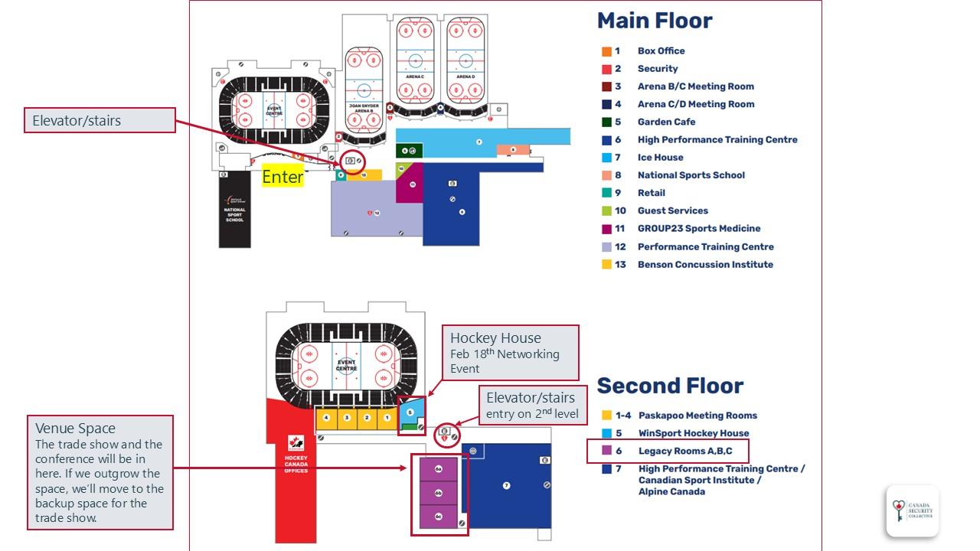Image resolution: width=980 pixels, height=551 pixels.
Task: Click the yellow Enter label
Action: click(283, 177)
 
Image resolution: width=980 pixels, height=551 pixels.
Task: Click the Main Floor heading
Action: click(655, 21)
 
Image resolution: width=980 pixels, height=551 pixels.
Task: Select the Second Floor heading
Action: click(670, 386)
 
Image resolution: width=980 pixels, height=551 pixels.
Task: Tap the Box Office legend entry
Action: click(661, 51)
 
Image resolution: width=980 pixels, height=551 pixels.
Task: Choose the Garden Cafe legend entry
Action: click(666, 122)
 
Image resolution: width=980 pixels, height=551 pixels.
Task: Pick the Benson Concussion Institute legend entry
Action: click(705, 265)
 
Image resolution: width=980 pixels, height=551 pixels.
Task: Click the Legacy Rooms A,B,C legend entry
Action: click(684, 452)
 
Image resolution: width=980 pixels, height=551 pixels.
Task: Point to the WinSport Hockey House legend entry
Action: click(693, 433)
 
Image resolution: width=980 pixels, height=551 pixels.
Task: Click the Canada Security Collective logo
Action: click(912, 510)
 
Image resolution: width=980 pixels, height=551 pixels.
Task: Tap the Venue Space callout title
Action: click(73, 429)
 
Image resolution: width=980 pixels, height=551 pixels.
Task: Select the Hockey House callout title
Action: click(495, 338)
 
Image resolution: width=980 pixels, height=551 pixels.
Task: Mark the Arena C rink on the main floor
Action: click(415, 61)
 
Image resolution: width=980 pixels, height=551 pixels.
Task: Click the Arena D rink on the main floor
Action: click(466, 61)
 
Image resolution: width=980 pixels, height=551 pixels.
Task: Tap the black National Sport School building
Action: click(235, 210)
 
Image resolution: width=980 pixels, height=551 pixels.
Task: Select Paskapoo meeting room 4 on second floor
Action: click(327, 418)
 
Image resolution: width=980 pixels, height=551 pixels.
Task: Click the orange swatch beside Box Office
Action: click(606, 51)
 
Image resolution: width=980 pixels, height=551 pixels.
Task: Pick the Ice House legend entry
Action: click(660, 158)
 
